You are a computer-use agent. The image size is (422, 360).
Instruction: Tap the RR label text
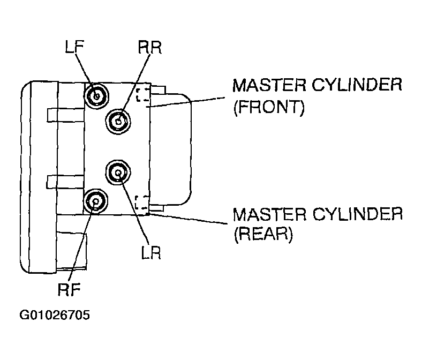pos(149,47)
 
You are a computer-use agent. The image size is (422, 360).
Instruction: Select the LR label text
pos(151,252)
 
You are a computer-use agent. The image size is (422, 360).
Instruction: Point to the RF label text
pos(69,289)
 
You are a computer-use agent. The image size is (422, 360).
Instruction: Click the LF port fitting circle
pos(96,95)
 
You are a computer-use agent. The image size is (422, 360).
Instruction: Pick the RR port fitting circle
pos(118,122)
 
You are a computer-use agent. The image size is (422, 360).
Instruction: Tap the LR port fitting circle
pos(118,172)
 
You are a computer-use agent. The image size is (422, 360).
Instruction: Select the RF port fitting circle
pos(95,201)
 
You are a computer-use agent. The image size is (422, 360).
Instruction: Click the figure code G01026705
pos(55,315)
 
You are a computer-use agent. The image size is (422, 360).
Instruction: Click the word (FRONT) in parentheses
pos(269,107)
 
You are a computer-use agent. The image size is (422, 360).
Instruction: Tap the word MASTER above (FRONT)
pos(269,85)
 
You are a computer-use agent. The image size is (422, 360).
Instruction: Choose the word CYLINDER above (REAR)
pos(358,214)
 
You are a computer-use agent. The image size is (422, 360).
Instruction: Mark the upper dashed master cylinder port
pos(143,95)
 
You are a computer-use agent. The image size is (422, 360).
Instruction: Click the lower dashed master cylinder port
pos(141,202)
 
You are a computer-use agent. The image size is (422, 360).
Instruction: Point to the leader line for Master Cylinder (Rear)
pos(186,219)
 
